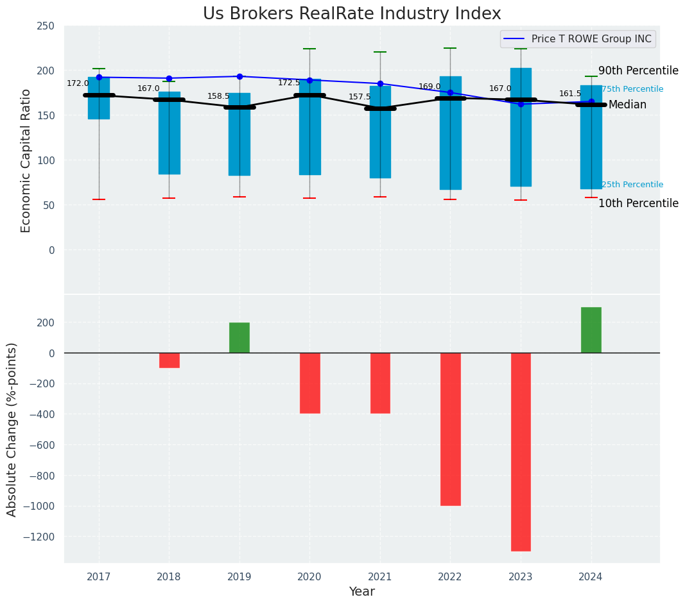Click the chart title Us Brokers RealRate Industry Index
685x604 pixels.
click(x=352, y=14)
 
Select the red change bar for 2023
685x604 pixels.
click(x=521, y=451)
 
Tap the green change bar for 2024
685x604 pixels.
click(x=591, y=330)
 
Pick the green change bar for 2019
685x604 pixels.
click(x=239, y=337)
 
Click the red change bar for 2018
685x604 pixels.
click(x=169, y=360)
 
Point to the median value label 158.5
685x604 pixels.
click(x=218, y=96)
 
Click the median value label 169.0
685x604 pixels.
click(x=429, y=87)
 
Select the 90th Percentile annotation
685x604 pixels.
click(x=637, y=71)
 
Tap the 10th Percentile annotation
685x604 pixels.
click(x=637, y=203)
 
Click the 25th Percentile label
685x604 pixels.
click(x=632, y=185)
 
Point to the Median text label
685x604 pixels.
click(x=627, y=105)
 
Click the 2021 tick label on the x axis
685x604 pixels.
click(x=380, y=577)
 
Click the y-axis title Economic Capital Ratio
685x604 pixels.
click(x=26, y=160)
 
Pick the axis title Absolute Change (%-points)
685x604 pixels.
click(x=12, y=429)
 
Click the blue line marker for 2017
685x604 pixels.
click(x=99, y=77)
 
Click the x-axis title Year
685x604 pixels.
click(x=361, y=592)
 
